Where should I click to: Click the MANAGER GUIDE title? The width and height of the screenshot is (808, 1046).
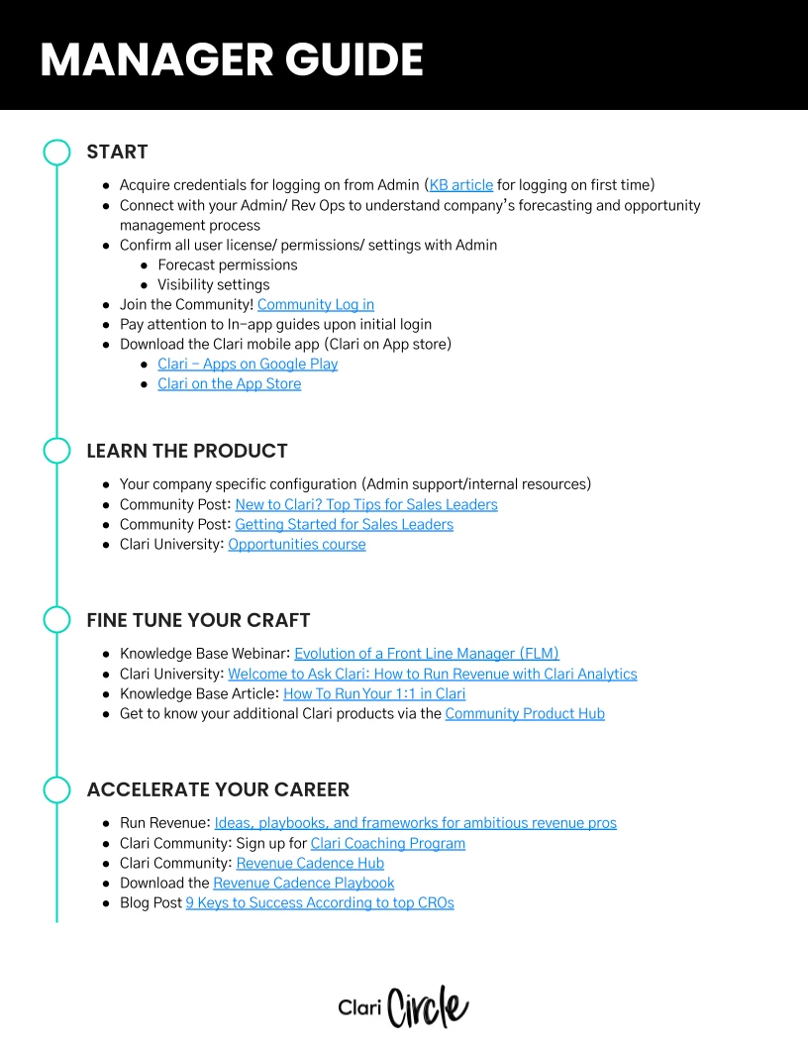click(x=232, y=60)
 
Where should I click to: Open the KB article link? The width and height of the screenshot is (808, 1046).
click(x=460, y=185)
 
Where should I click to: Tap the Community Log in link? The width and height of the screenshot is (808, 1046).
click(x=315, y=304)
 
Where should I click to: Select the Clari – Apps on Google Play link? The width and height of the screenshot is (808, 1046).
click(x=248, y=364)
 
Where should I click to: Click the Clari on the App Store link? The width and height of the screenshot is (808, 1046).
click(x=229, y=383)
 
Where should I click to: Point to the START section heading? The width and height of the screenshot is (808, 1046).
click(x=117, y=152)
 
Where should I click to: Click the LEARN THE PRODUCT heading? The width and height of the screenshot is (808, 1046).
click(x=186, y=451)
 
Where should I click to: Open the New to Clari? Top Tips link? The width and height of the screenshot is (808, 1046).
click(x=366, y=504)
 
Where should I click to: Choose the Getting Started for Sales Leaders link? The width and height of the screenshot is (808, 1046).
click(x=344, y=524)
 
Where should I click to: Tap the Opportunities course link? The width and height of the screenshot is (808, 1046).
click(x=296, y=544)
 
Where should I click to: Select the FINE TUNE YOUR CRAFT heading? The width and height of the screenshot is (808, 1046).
click(x=198, y=620)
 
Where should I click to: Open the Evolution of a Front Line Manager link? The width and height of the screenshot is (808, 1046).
click(x=427, y=654)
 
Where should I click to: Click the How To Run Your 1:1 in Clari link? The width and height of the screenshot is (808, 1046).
click(x=374, y=693)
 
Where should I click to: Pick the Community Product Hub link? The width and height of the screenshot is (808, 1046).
click(x=525, y=713)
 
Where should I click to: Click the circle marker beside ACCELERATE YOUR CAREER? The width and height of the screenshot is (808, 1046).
click(x=57, y=789)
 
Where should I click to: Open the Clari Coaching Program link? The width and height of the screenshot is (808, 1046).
click(x=387, y=843)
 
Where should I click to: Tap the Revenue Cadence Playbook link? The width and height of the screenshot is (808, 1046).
click(x=303, y=883)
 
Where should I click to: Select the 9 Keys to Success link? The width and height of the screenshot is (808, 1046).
click(x=320, y=902)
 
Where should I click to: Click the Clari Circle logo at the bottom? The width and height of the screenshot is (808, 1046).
click(x=403, y=1006)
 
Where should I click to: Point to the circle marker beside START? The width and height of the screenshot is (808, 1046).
click(x=57, y=152)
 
